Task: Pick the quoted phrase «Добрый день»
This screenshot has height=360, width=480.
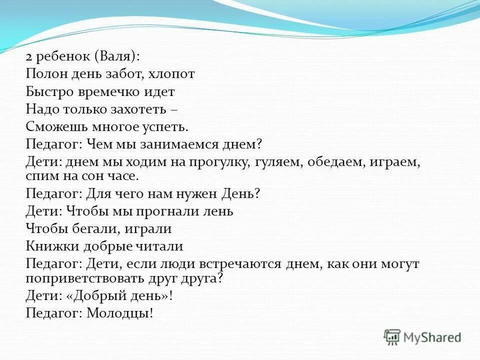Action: point(121,295)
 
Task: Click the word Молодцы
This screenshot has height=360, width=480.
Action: point(119,313)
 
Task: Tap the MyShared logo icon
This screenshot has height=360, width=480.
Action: point(392,338)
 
